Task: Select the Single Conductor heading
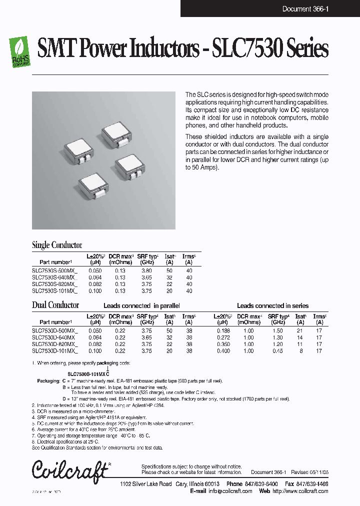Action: coord(57,245)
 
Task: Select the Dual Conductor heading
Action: coord(55,305)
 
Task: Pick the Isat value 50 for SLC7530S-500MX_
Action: coord(169,270)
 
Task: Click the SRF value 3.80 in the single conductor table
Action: coord(146,270)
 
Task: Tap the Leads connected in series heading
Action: coord(272,305)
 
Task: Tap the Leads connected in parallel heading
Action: coord(141,305)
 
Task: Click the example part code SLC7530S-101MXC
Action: coord(88,374)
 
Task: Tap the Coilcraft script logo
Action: coord(70,470)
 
